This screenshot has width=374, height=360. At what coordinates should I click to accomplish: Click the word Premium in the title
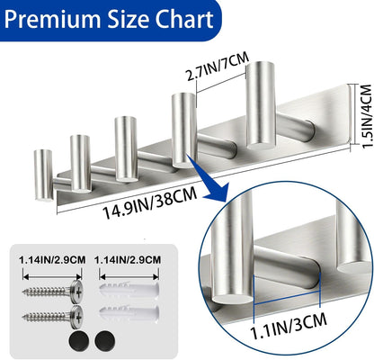coord(53,19)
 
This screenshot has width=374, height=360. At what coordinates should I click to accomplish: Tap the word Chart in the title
coord(183,19)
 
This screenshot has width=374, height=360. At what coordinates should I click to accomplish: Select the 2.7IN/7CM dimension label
coord(218,67)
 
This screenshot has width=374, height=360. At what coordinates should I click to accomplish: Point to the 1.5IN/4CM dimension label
coord(365,116)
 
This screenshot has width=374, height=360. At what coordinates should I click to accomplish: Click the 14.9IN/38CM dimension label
coord(150,202)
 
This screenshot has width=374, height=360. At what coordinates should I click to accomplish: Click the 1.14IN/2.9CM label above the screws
coord(52,260)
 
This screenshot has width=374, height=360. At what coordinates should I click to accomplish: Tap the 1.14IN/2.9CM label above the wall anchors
coord(128,260)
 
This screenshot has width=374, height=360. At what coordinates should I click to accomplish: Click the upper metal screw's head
coord(77,290)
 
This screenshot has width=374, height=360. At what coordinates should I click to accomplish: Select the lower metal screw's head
coord(77,316)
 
